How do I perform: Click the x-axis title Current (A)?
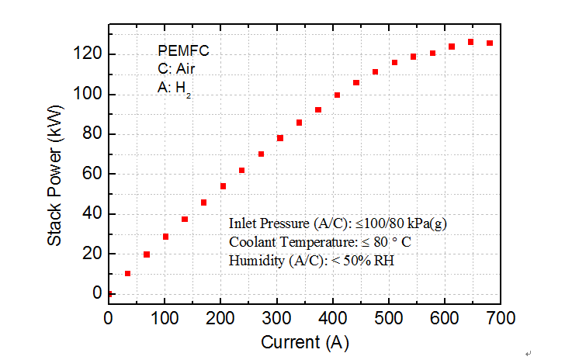coord(304,342)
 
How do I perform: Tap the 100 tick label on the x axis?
coord(165,317)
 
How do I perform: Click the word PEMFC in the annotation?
coord(183,52)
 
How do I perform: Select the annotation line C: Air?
coord(175,70)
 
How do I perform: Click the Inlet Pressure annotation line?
coord(337,223)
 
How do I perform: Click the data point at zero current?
coord(109,294)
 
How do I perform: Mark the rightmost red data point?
coord(490,43)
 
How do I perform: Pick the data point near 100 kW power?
coord(338,95)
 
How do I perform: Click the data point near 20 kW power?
coord(147,254)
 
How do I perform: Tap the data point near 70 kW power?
coord(262,154)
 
